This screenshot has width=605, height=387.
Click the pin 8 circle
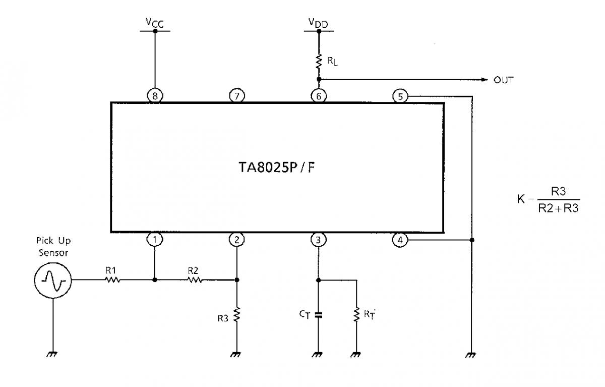(x=155, y=96)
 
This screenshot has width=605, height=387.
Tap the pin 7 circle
(x=237, y=96)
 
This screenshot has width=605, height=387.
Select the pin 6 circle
(x=319, y=96)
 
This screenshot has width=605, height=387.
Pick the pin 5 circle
(x=400, y=96)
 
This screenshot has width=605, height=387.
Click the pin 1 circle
(x=155, y=239)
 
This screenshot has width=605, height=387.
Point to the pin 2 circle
(x=237, y=240)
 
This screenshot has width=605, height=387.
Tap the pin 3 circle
(x=319, y=240)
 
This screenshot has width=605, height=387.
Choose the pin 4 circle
(x=400, y=240)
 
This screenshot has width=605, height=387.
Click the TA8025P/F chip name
(x=277, y=168)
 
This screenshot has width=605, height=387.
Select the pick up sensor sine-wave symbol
(x=53, y=280)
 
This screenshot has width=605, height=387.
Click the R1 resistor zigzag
(x=112, y=280)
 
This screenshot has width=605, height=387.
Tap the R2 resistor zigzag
(x=195, y=280)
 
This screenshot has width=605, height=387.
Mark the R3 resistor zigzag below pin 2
(x=237, y=314)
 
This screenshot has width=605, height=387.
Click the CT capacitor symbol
(x=319, y=315)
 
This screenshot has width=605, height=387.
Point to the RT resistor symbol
(x=356, y=314)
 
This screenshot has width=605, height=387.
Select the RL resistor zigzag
(x=319, y=62)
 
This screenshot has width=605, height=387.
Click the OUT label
(x=504, y=80)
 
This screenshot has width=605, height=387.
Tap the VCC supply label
(x=155, y=23)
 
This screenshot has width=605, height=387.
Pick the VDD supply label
(x=319, y=23)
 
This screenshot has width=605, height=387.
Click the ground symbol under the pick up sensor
(x=52, y=354)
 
